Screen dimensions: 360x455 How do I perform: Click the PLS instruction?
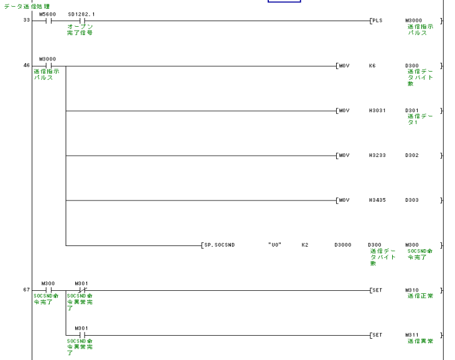[x=377, y=21]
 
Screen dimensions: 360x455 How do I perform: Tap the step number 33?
[x=26, y=21]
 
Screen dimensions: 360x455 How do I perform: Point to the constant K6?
[x=372, y=65]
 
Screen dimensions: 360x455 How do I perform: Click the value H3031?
[x=377, y=110]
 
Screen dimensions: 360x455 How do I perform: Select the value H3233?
[x=377, y=155]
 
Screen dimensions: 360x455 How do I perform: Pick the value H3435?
[x=377, y=200]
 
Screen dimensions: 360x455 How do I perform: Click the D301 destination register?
[x=411, y=110]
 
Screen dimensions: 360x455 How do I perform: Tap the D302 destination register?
[x=411, y=155]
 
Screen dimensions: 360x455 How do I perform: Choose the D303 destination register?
[x=411, y=200]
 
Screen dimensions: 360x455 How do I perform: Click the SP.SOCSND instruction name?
[x=218, y=245]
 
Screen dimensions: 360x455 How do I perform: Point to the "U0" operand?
[x=274, y=245]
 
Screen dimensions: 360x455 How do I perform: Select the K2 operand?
[x=305, y=245]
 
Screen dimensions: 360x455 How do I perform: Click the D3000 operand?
[x=342, y=245]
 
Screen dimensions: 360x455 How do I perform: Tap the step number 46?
[x=26, y=65]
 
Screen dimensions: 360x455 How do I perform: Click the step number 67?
[x=26, y=290]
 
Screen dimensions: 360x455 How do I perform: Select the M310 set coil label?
[x=411, y=290]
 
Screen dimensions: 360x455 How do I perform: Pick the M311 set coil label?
[x=411, y=334]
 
